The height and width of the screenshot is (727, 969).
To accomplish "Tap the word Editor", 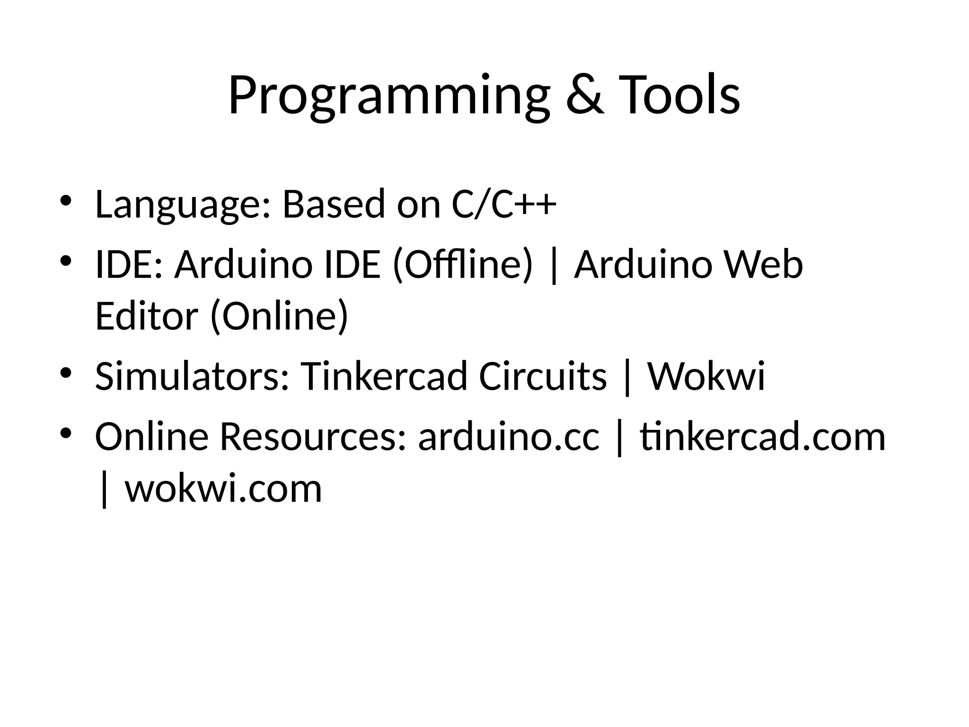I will point(146,316).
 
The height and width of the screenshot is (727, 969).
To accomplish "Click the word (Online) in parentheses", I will point(279,316).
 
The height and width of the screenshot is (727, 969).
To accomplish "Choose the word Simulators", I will point(192,376).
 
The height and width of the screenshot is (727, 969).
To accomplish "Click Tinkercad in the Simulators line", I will point(384,376).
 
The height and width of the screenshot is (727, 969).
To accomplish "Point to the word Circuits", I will point(543,376).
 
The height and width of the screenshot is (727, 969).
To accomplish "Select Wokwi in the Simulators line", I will point(706,376).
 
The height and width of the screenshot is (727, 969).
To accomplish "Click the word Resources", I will point(313,436).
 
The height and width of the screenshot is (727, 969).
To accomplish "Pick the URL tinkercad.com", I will point(763,436).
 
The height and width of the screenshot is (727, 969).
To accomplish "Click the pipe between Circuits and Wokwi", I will point(627,377).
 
